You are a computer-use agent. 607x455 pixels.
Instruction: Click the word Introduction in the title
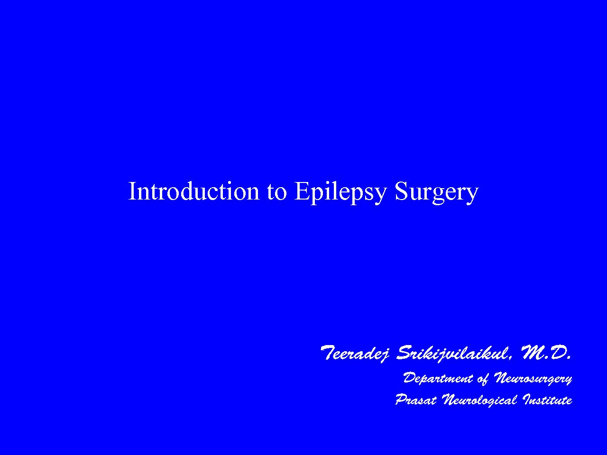click(x=194, y=191)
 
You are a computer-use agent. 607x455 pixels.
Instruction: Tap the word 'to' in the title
click(x=276, y=193)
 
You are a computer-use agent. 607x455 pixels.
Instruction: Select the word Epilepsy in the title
click(x=340, y=193)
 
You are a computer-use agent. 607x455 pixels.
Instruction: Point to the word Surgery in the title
click(x=437, y=193)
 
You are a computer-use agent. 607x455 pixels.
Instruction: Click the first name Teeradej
click(x=355, y=354)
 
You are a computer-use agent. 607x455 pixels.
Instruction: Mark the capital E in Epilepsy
click(x=302, y=191)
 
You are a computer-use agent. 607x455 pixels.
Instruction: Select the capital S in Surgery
click(x=402, y=191)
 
